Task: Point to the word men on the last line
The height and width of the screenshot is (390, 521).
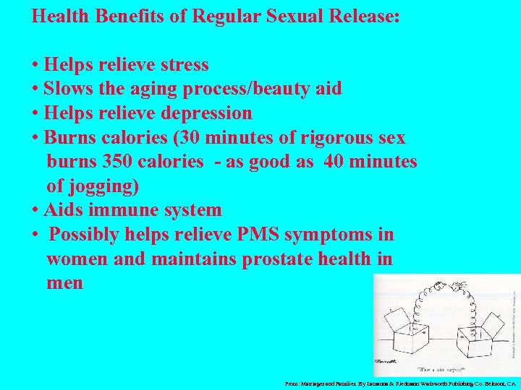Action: pos(64,283)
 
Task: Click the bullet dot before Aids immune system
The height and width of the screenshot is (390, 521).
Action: pos(35,211)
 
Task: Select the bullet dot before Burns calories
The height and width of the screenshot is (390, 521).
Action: pos(35,138)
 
